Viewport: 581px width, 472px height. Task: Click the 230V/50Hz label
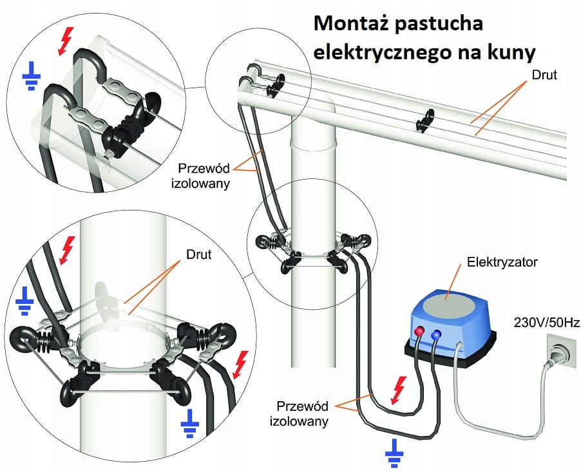tap(546, 321)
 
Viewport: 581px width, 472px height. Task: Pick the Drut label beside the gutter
tap(546, 75)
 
